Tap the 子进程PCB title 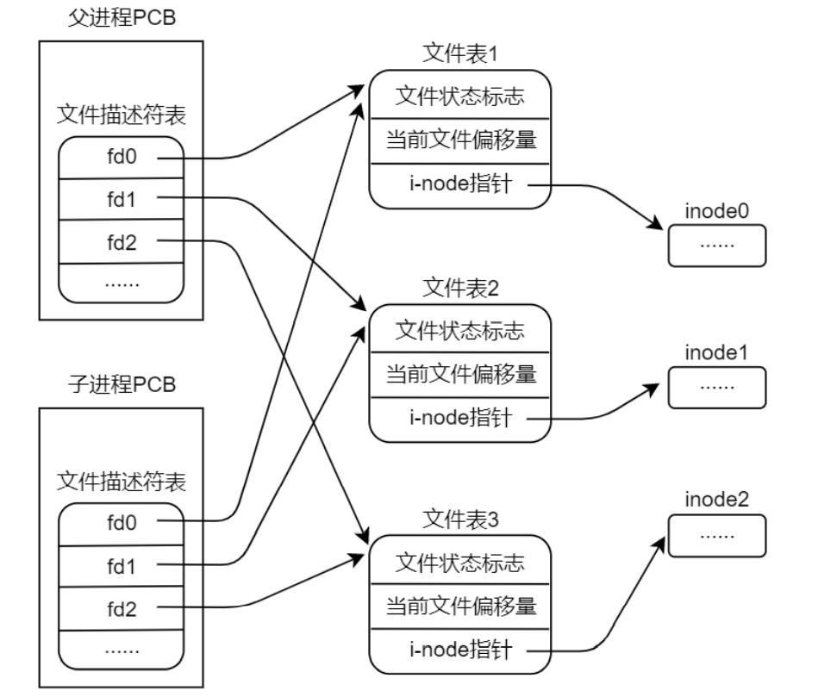[x=122, y=384]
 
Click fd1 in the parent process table [x=122, y=199]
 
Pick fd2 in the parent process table [x=122, y=242]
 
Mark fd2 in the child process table [x=122, y=608]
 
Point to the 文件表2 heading [x=460, y=288]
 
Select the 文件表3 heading [x=460, y=520]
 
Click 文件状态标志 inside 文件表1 [x=460, y=96]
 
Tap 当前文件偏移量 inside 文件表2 [x=460, y=374]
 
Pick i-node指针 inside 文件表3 [x=460, y=650]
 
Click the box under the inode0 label [x=716, y=245]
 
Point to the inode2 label [x=716, y=499]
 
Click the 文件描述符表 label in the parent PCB [x=122, y=115]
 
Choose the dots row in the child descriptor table [x=122, y=650]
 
